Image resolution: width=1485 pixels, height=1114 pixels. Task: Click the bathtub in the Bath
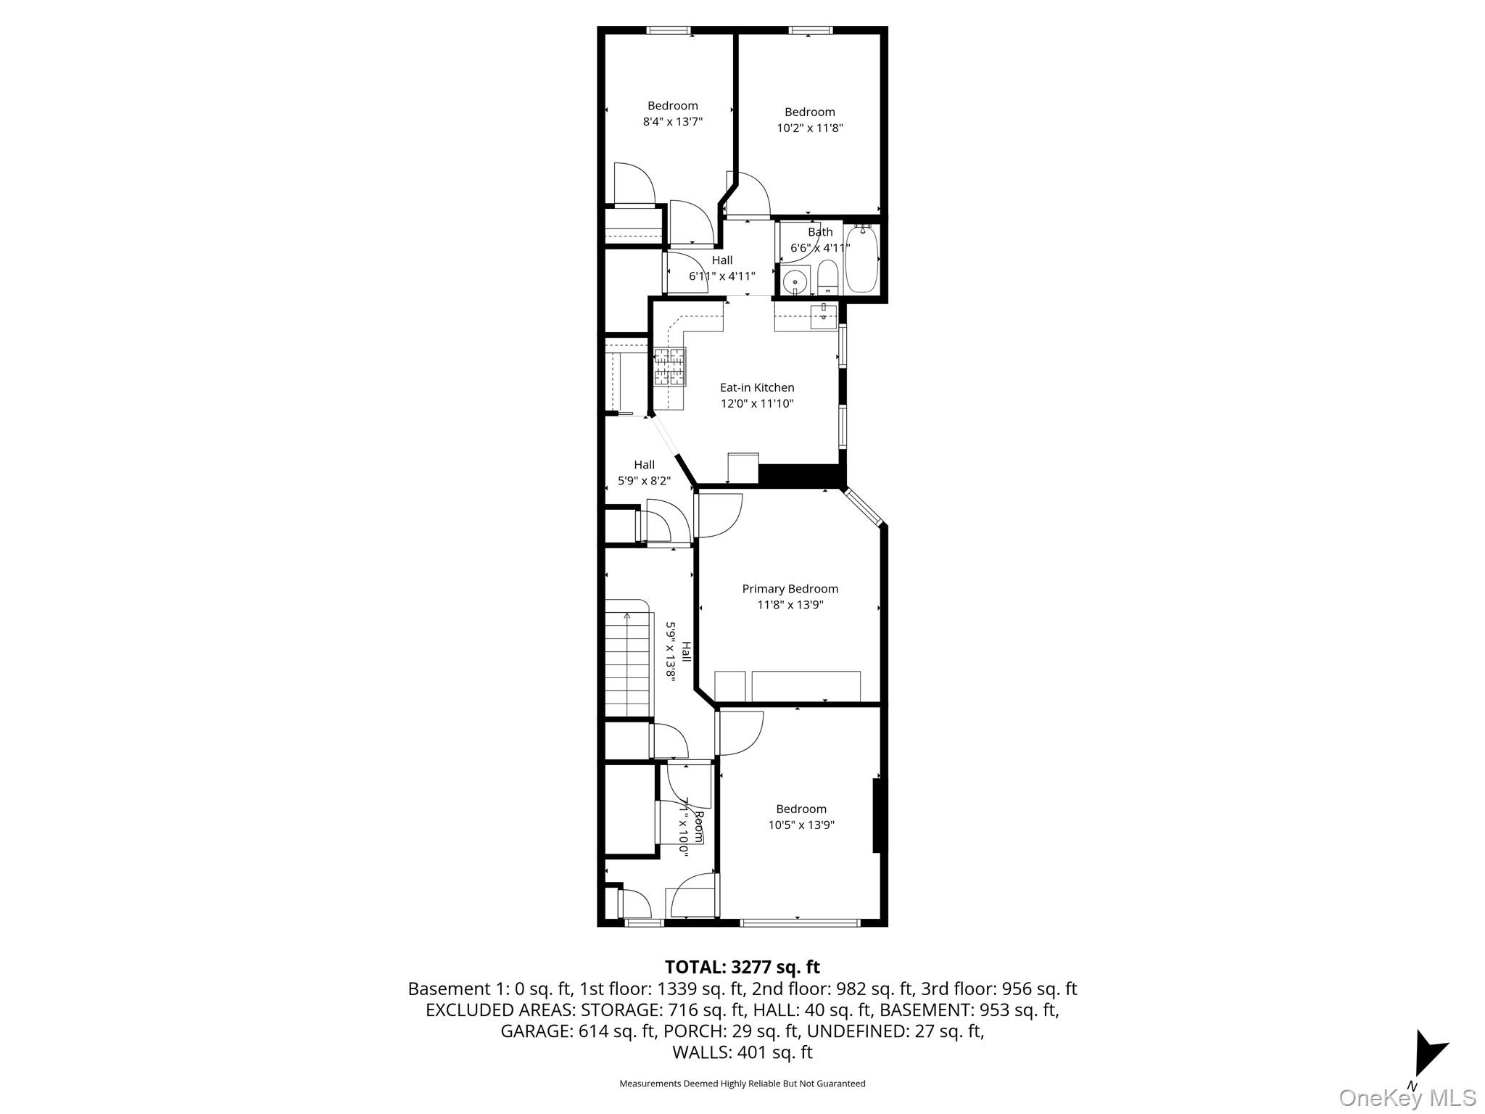pos(861,260)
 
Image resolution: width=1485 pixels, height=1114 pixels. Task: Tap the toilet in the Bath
pos(827,278)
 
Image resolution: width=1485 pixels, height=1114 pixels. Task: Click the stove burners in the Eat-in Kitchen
pos(670,367)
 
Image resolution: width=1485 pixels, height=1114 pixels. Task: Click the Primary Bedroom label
pos(790,589)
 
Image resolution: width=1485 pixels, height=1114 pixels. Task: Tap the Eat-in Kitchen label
pos(757,387)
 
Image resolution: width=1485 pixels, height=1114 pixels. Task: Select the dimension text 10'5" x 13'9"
pos(801,825)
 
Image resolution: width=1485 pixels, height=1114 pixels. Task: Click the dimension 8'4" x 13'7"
pos(673,122)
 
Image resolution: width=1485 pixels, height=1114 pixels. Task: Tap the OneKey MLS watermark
pos(1407,1097)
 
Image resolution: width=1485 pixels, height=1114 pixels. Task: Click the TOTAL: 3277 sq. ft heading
pos(742,967)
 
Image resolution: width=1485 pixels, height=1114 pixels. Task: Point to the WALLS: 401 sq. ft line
pos(742,1052)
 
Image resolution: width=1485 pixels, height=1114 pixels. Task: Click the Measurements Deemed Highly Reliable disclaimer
pos(742,1084)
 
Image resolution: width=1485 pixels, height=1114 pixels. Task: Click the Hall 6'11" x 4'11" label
pos(721,268)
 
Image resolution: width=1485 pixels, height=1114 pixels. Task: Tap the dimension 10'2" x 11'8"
pos(809,128)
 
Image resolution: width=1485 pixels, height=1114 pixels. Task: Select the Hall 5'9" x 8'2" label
pos(644,473)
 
